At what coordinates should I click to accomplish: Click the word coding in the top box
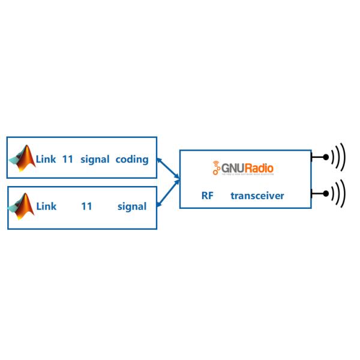point(132,160)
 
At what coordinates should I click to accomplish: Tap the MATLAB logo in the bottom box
point(22,205)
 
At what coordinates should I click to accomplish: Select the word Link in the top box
point(46,160)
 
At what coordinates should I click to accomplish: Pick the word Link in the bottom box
point(46,206)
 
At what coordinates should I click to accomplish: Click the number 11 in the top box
point(67,160)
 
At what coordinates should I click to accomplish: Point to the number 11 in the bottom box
point(86,206)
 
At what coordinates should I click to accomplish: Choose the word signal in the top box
point(95,160)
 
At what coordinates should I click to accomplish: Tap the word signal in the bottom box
point(132,206)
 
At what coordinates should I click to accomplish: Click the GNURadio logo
point(243,169)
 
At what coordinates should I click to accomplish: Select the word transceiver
point(257,196)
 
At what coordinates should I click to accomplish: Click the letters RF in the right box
point(208,196)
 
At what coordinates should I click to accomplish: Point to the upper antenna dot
point(325,157)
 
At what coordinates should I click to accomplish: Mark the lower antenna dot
point(325,194)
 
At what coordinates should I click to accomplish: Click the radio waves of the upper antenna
point(339,157)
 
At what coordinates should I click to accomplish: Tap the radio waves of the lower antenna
point(339,194)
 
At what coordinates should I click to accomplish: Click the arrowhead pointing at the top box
point(159,160)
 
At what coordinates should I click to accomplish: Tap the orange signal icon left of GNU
point(216,169)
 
